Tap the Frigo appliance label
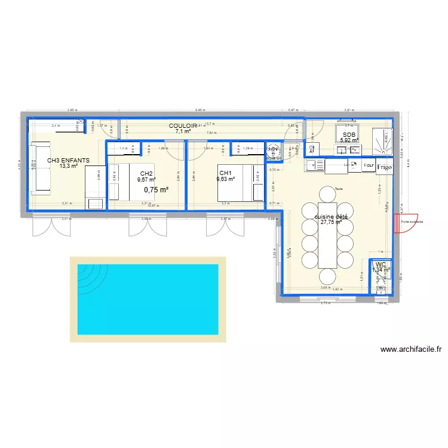pyautogui.click(x=384, y=167)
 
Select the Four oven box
pyautogui.click(x=368, y=164)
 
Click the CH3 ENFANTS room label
pyautogui.click(x=69, y=160)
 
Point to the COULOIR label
pyautogui.click(x=183, y=126)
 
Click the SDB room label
pyautogui.click(x=349, y=135)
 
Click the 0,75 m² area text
pyautogui.click(x=156, y=190)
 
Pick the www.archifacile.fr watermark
pyautogui.click(x=411, y=350)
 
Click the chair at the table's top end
pyautogui.click(x=327, y=193)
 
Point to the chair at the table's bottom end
pyautogui.click(x=327, y=276)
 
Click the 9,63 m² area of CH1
pyautogui.click(x=225, y=179)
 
